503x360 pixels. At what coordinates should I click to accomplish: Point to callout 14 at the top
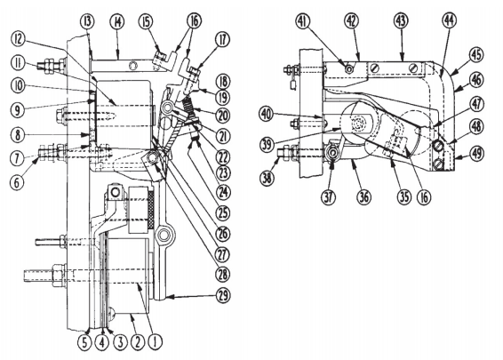(x=117, y=20)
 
